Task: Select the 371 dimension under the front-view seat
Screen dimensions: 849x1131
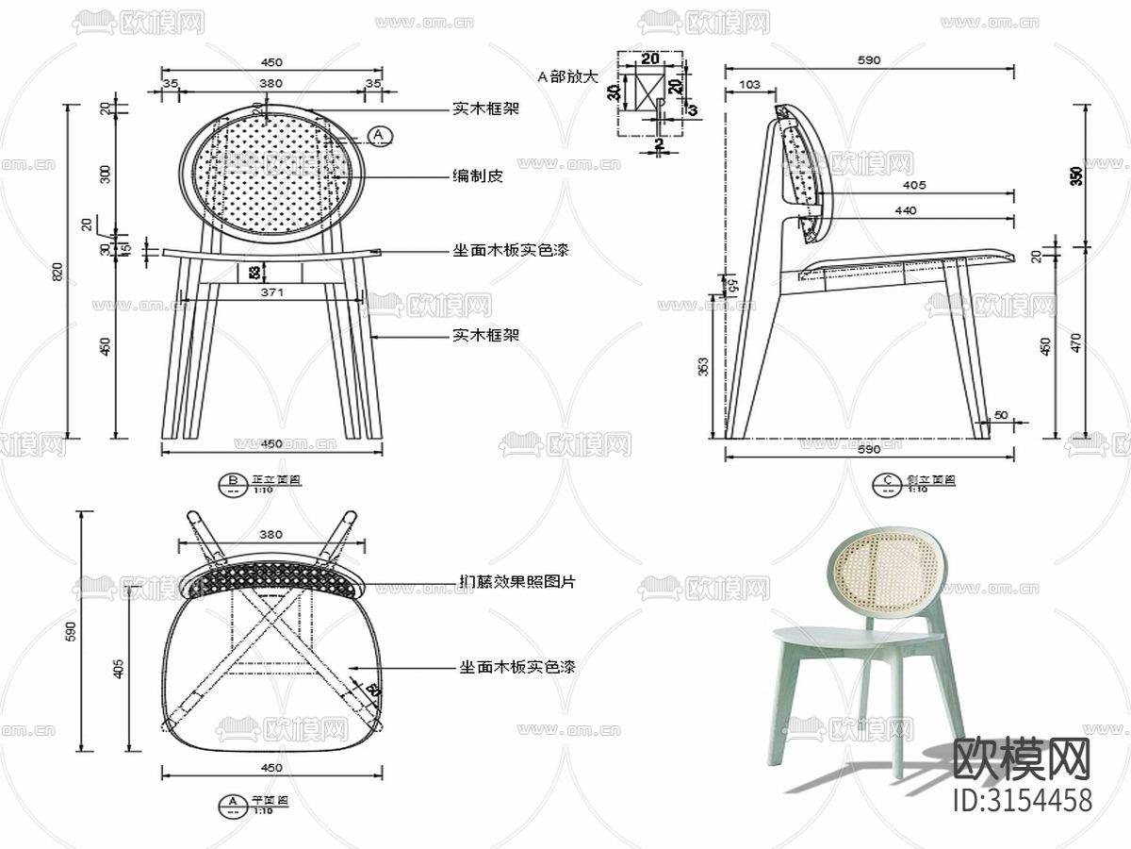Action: tap(271, 293)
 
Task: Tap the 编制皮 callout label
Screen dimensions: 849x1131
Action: tap(476, 176)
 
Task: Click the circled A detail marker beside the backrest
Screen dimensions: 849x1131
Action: tap(380, 136)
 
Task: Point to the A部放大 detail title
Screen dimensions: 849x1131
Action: tap(567, 76)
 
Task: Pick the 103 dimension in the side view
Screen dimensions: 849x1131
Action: tap(750, 85)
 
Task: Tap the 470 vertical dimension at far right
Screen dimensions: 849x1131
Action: tap(1076, 341)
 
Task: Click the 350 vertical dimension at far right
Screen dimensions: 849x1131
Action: tap(1076, 175)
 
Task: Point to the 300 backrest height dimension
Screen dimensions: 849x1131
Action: tap(105, 173)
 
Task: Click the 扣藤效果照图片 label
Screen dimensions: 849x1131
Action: tap(516, 582)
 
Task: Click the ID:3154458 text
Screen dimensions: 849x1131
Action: tap(1024, 800)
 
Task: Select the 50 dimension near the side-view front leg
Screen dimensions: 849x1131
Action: tap(1001, 415)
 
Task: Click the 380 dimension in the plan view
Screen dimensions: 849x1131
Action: tap(270, 534)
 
